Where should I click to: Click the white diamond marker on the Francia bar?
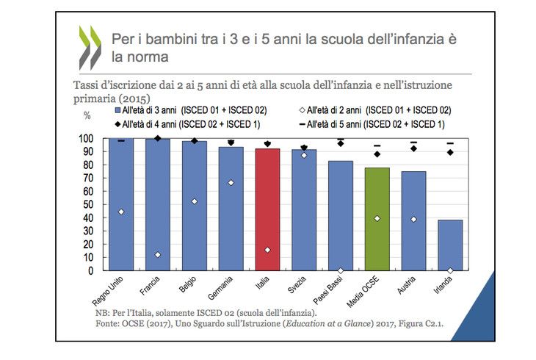point(157,255)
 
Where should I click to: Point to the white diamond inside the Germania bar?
point(231,183)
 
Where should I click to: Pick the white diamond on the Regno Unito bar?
point(120,212)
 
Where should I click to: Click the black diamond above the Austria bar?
point(413,148)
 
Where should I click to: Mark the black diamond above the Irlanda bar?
point(450,152)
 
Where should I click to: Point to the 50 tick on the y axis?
point(90,204)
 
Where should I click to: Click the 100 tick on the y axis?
point(88,138)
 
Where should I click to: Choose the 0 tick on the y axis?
point(93,270)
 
